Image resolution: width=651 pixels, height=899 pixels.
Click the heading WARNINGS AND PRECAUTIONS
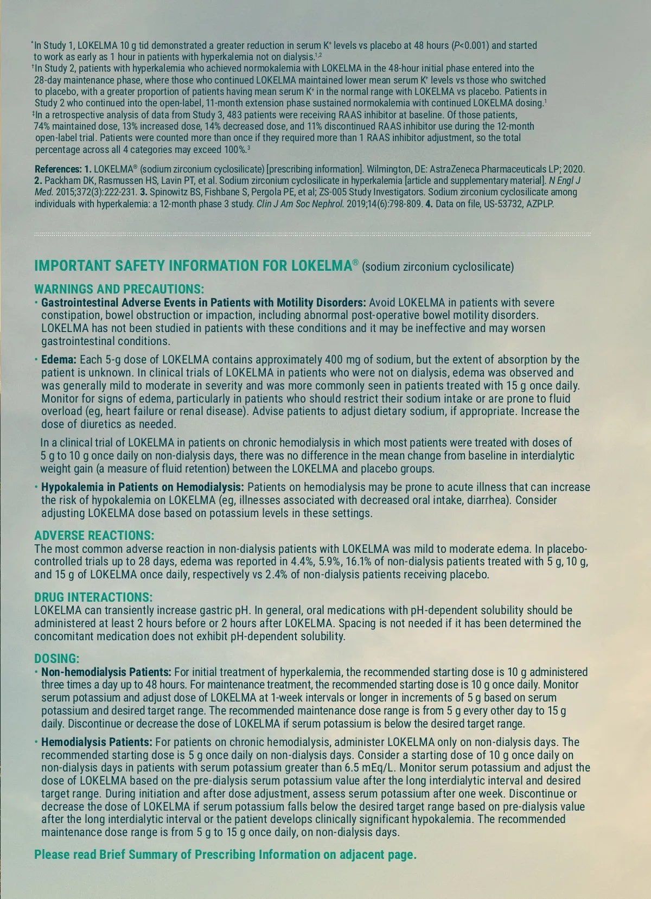pos(119,289)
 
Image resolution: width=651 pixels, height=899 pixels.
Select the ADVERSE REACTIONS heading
pos(94,536)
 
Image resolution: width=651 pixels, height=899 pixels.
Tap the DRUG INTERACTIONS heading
pos(93,597)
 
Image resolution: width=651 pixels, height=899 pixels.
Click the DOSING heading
pos(56,659)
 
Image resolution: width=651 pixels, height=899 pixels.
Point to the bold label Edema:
pos(59,360)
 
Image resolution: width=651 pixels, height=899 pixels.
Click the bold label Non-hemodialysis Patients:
pos(106,672)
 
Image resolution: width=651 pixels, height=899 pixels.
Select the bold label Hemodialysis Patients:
pos(97,742)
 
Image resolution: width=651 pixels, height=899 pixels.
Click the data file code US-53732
pos(503,204)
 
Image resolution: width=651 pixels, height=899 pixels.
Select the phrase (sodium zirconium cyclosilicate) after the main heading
pos(438,266)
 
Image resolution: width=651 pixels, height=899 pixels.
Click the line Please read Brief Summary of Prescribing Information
pos(225,855)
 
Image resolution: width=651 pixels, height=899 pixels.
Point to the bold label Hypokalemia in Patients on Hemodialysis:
pos(143,487)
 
